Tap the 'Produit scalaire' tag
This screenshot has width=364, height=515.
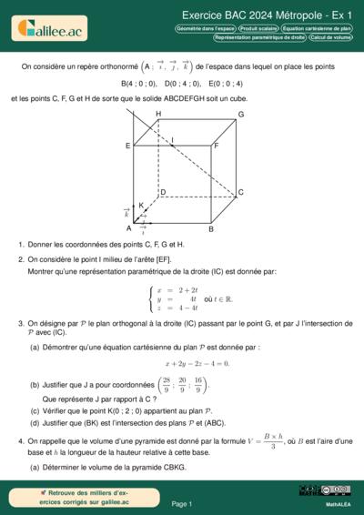click(x=258, y=29)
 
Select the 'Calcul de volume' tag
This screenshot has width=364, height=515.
click(x=329, y=38)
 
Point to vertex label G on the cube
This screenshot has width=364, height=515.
click(x=240, y=115)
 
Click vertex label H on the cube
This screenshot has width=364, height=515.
click(x=158, y=114)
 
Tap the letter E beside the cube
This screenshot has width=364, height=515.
click(x=128, y=145)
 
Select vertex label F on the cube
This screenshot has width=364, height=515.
click(x=216, y=145)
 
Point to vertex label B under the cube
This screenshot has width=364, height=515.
click(x=211, y=229)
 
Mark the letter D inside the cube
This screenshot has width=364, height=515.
click(x=162, y=192)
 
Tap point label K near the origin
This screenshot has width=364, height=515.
click(x=141, y=206)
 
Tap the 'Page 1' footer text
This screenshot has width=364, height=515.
click(x=181, y=503)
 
